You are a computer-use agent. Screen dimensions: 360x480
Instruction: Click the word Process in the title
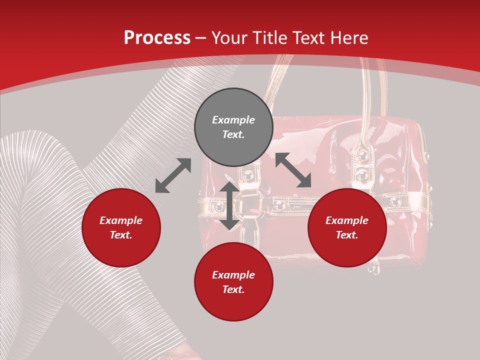coord(157,38)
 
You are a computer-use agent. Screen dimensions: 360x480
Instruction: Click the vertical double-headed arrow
coord(229,205)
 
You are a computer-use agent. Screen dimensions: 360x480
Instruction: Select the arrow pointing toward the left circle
coord(173,175)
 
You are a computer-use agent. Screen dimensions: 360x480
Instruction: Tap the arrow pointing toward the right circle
coord(293,170)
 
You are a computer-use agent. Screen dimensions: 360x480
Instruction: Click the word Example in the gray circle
coord(233,120)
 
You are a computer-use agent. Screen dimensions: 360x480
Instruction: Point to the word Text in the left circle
coord(121,235)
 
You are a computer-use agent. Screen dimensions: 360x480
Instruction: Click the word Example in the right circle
coord(347,220)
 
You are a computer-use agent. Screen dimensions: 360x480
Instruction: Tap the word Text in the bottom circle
coord(233,289)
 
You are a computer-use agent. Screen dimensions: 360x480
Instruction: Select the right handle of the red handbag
coord(367,95)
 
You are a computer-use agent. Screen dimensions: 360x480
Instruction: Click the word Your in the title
coord(229,38)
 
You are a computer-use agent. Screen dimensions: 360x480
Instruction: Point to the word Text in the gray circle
coord(233,134)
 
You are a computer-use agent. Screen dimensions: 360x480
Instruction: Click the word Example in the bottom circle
coord(233,275)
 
